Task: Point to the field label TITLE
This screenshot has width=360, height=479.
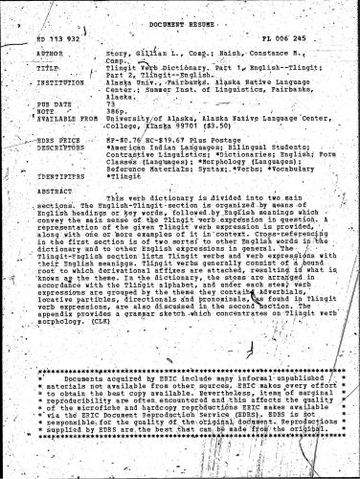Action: (x=45, y=70)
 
